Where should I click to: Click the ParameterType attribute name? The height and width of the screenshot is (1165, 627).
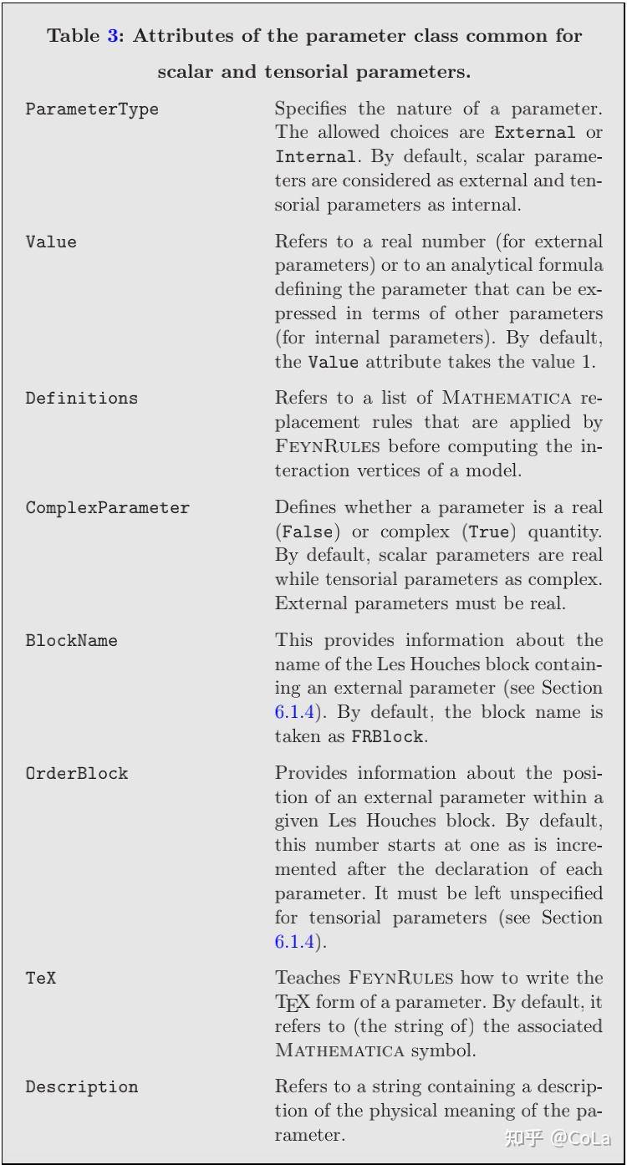[x=92, y=109]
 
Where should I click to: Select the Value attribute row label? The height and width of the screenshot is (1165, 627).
[x=51, y=242]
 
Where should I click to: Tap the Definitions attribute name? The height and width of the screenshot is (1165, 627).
[x=81, y=398]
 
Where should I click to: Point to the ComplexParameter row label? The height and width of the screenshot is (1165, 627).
[x=107, y=507]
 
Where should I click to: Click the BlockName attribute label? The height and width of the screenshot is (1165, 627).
[x=71, y=640]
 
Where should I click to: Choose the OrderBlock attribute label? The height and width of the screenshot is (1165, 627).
[x=76, y=773]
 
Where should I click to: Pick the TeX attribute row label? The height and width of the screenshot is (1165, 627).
[x=40, y=977]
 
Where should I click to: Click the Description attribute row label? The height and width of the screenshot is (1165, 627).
[x=81, y=1086]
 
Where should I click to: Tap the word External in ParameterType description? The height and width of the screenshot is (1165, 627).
[x=534, y=132]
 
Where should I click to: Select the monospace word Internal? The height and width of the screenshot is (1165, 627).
[x=315, y=156]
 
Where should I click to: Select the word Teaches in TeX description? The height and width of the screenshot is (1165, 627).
[x=305, y=977]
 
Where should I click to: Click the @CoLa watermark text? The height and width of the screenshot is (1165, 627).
[x=580, y=1138]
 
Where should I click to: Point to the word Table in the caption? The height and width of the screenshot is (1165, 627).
[x=74, y=36]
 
